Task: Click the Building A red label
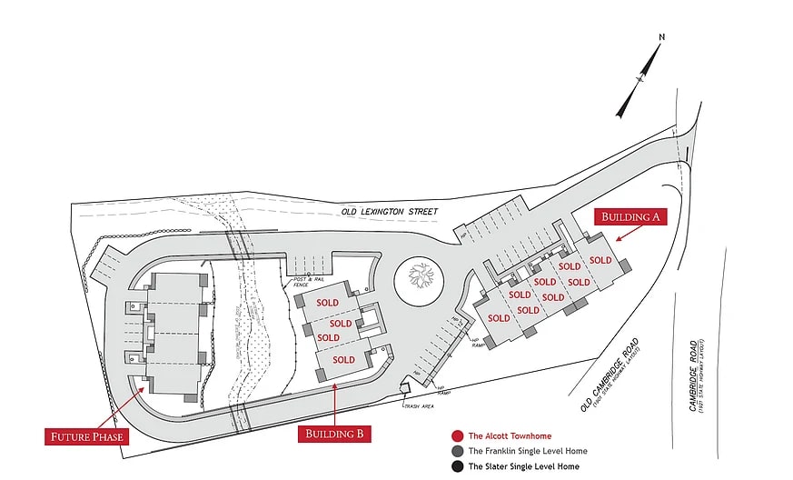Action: tap(631, 216)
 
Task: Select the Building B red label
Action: tap(334, 435)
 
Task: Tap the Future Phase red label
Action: tap(84, 436)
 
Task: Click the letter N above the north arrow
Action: tap(662, 37)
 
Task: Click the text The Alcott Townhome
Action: tap(510, 436)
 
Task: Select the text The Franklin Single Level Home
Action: tap(528, 452)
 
